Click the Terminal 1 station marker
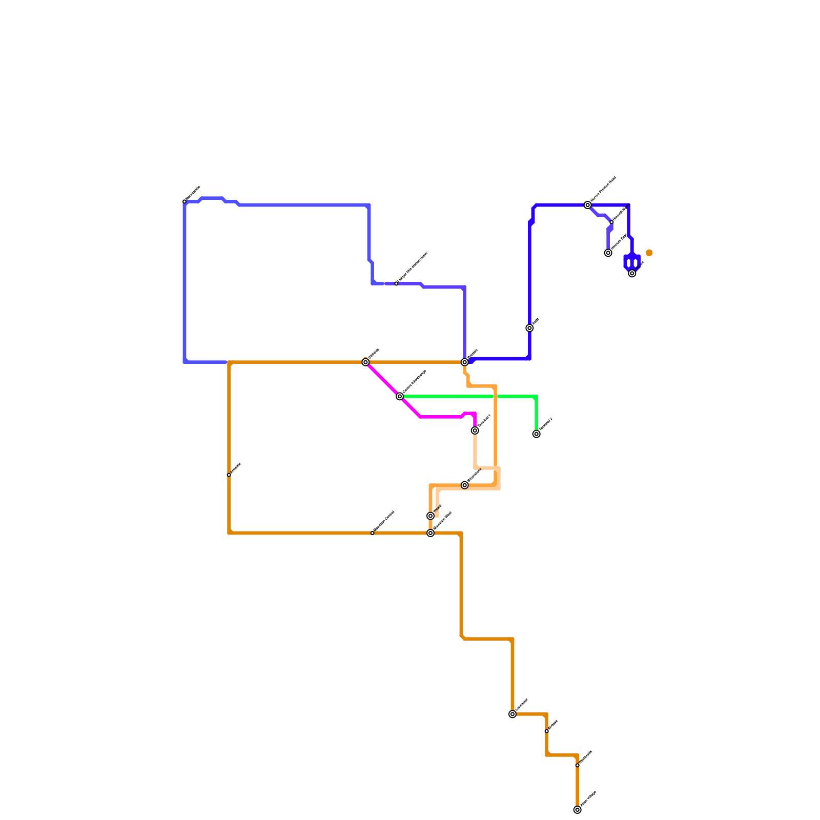point(475,430)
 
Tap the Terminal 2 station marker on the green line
point(536,434)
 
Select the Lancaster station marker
point(512,714)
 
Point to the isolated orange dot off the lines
point(649,253)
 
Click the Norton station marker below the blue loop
point(632,273)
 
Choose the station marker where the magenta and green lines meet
point(400,396)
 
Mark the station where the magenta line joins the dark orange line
point(365,362)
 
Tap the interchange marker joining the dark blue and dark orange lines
point(464,362)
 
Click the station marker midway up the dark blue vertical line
point(529,328)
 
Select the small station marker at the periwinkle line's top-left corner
point(184,201)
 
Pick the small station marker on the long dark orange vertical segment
point(229,475)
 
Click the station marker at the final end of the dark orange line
point(577,810)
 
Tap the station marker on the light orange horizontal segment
point(464,485)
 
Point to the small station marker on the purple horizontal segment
point(396,283)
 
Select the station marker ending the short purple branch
point(608,253)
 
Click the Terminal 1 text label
point(484,421)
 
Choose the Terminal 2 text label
point(546,424)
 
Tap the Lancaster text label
point(522,705)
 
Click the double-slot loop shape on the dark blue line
point(632,262)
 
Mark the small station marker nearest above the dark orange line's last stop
point(577,765)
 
